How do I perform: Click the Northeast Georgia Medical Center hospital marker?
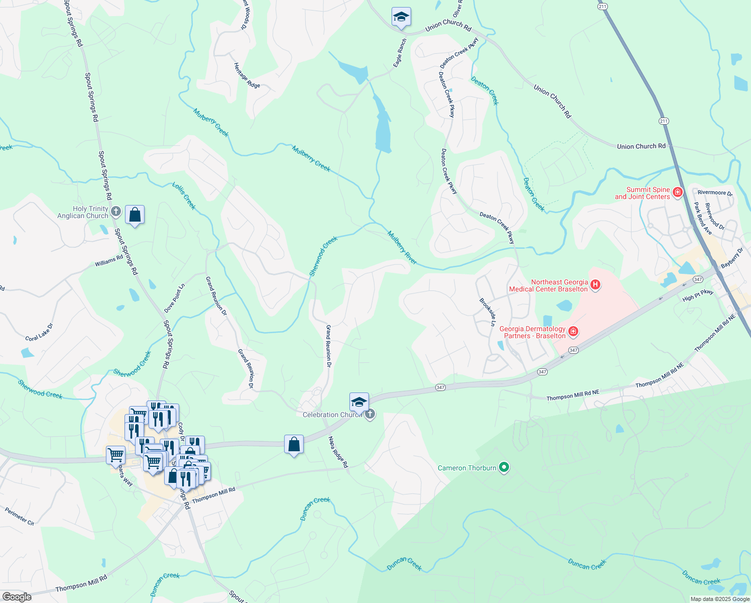click(x=595, y=285)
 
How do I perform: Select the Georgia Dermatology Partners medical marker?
click(x=573, y=332)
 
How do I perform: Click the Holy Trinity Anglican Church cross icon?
click(x=116, y=212)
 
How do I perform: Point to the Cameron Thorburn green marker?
click(x=504, y=467)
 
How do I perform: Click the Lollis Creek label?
click(x=184, y=195)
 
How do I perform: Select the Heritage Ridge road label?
click(x=247, y=75)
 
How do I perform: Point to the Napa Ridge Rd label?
click(x=338, y=452)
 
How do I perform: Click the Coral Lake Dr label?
click(x=39, y=332)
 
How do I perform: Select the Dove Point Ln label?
click(x=175, y=298)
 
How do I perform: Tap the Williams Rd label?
click(x=109, y=261)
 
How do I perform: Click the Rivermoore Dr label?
click(x=715, y=192)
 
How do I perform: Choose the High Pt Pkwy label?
click(x=698, y=295)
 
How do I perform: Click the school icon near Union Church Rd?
click(x=401, y=17)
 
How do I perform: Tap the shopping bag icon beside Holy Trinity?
click(x=135, y=215)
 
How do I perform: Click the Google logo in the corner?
click(x=17, y=597)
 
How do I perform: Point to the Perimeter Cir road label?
click(x=20, y=517)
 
